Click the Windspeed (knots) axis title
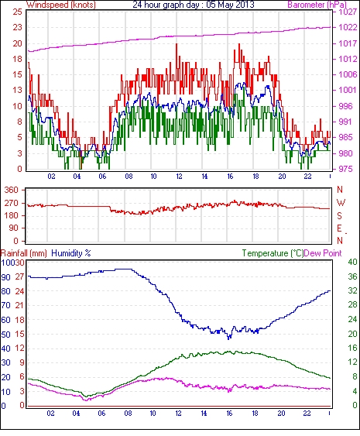pyautogui.click(x=61, y=5)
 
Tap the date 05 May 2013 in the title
pyautogui.click(x=230, y=5)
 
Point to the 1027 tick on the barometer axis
pyautogui.click(x=348, y=12)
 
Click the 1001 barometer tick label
pyautogui.click(x=348, y=90)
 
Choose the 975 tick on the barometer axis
pyautogui.click(x=345, y=169)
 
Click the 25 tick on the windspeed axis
pyautogui.click(x=18, y=12)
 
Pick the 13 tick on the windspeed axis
pyautogui.click(x=18, y=90)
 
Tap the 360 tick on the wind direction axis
pyautogui.click(x=12, y=191)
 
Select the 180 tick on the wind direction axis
pyautogui.click(x=12, y=215)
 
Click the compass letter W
pyautogui.click(x=341, y=203)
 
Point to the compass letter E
pyautogui.click(x=339, y=228)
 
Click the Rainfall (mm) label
pyautogui.click(x=24, y=253)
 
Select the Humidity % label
pyautogui.click(x=71, y=253)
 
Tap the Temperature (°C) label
pyautogui.click(x=273, y=253)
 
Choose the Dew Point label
pyautogui.click(x=323, y=253)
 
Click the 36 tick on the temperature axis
pyautogui.click(x=353, y=276)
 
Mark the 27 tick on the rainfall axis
pyautogui.click(x=19, y=277)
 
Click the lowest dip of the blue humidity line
pyautogui.click(x=229, y=339)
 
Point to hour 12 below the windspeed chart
pyautogui.click(x=179, y=177)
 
